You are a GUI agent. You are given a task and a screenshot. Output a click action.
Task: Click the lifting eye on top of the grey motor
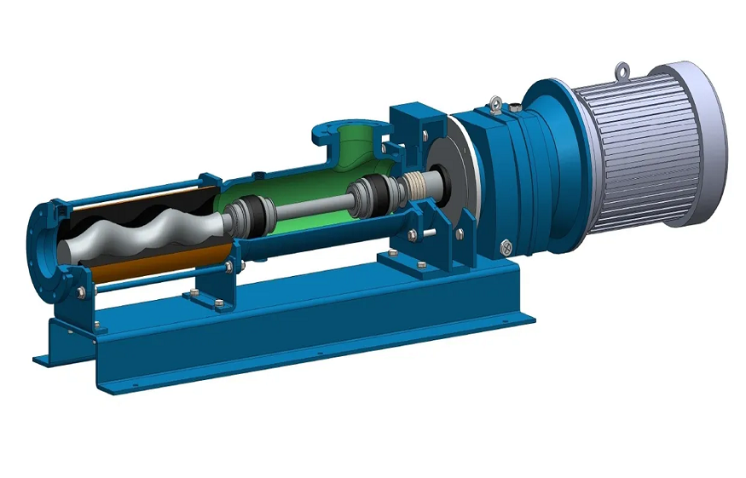[x=623, y=67]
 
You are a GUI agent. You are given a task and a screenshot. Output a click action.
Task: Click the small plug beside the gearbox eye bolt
[x=516, y=107]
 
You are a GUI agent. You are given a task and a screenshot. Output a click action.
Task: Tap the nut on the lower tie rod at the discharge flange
[x=81, y=293]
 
